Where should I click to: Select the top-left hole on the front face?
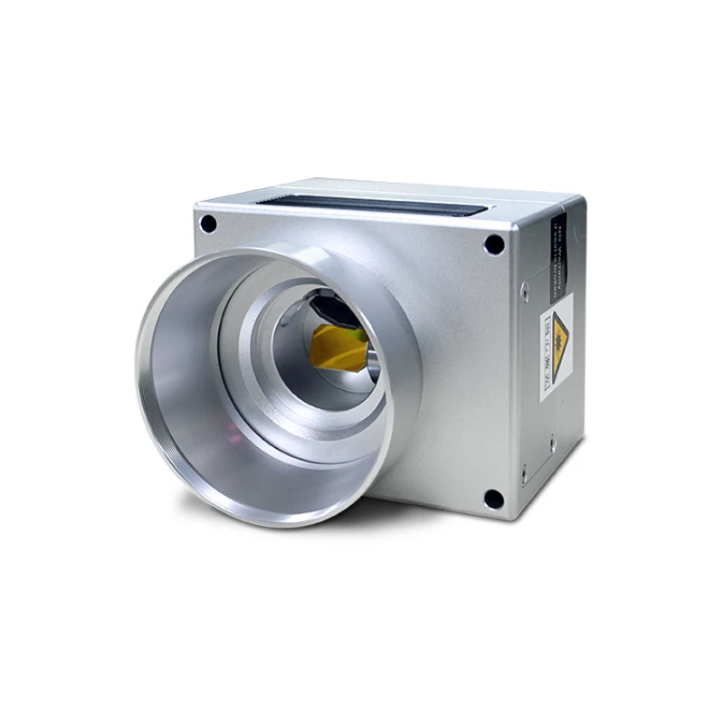(x=209, y=223)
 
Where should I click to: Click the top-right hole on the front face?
(x=493, y=243)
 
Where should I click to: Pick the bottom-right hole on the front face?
(x=492, y=498)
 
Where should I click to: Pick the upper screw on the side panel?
(x=524, y=292)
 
